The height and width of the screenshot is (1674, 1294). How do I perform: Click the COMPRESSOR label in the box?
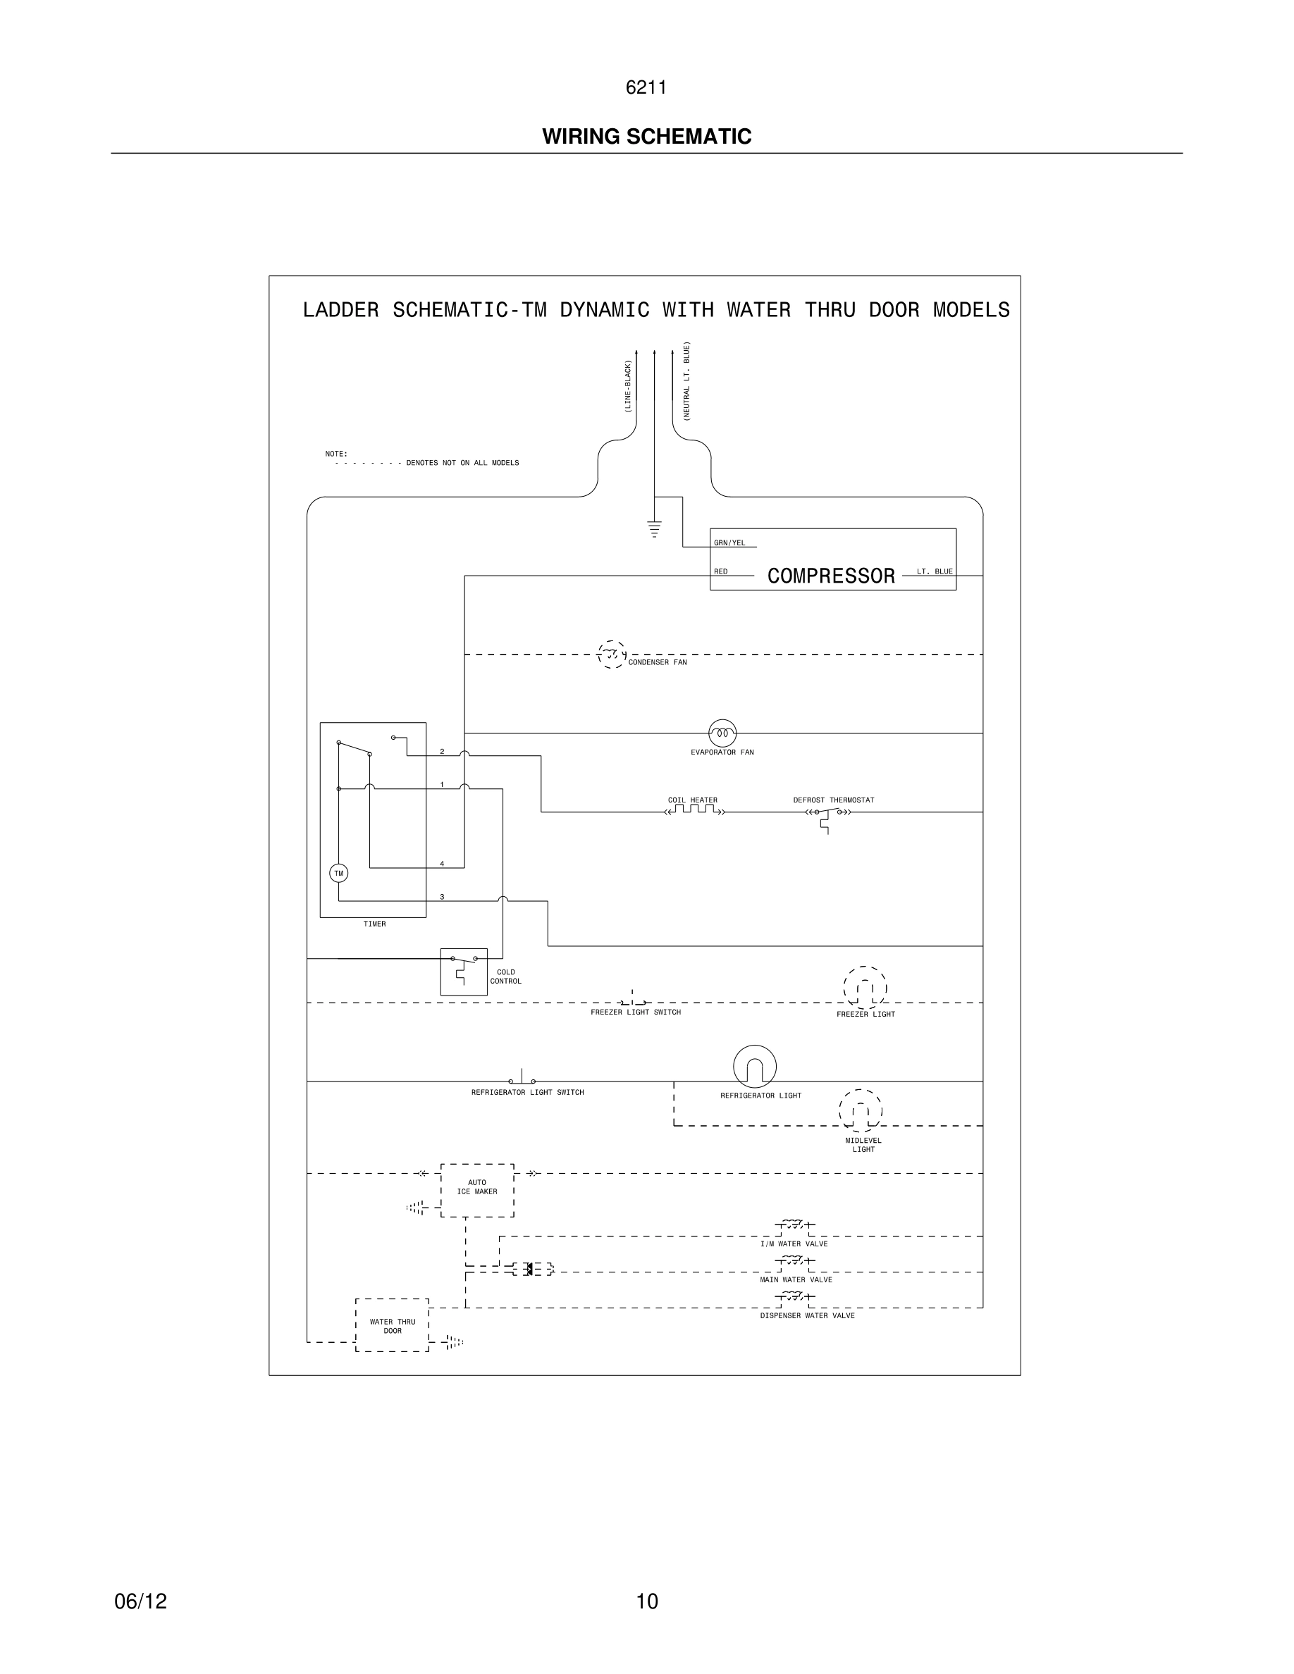(831, 576)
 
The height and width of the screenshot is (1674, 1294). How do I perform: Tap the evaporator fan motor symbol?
(722, 733)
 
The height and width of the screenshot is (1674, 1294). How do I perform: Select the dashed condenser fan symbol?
(611, 655)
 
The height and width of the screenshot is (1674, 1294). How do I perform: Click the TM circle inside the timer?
(338, 873)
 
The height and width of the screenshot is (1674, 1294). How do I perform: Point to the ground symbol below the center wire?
(654, 528)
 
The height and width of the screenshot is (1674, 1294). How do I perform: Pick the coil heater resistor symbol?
(694, 810)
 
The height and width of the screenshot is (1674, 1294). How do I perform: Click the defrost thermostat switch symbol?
(828, 813)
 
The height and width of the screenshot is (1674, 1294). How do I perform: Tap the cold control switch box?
(464, 971)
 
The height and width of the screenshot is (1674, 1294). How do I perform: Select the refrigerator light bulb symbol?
(754, 1066)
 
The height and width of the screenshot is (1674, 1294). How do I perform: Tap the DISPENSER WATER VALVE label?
(807, 1315)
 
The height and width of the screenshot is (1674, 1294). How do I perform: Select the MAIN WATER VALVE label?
(796, 1279)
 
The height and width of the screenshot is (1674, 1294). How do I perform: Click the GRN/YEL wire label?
(729, 543)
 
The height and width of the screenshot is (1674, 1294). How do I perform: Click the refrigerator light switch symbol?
(522, 1079)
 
